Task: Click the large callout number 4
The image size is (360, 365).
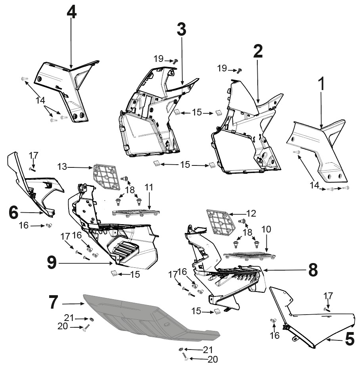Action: tap(71, 12)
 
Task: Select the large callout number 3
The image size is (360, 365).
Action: tap(182, 29)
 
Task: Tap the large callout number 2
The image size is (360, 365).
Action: tap(258, 51)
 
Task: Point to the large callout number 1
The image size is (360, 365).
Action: tap(321, 84)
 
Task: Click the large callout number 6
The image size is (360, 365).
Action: tap(13, 212)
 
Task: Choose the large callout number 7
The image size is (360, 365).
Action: tap(53, 302)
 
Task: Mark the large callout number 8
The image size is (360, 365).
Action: tap(313, 270)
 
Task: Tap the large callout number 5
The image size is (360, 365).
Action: tap(350, 339)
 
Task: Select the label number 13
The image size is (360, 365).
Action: tap(62, 167)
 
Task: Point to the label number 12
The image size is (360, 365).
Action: tap(251, 213)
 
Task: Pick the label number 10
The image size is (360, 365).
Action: tap(266, 229)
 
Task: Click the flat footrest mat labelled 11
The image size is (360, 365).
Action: tap(136, 212)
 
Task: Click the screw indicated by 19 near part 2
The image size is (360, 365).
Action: tap(239, 71)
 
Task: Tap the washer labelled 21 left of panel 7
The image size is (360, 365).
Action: tap(92, 319)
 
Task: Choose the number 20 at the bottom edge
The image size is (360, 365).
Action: tap(213, 359)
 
